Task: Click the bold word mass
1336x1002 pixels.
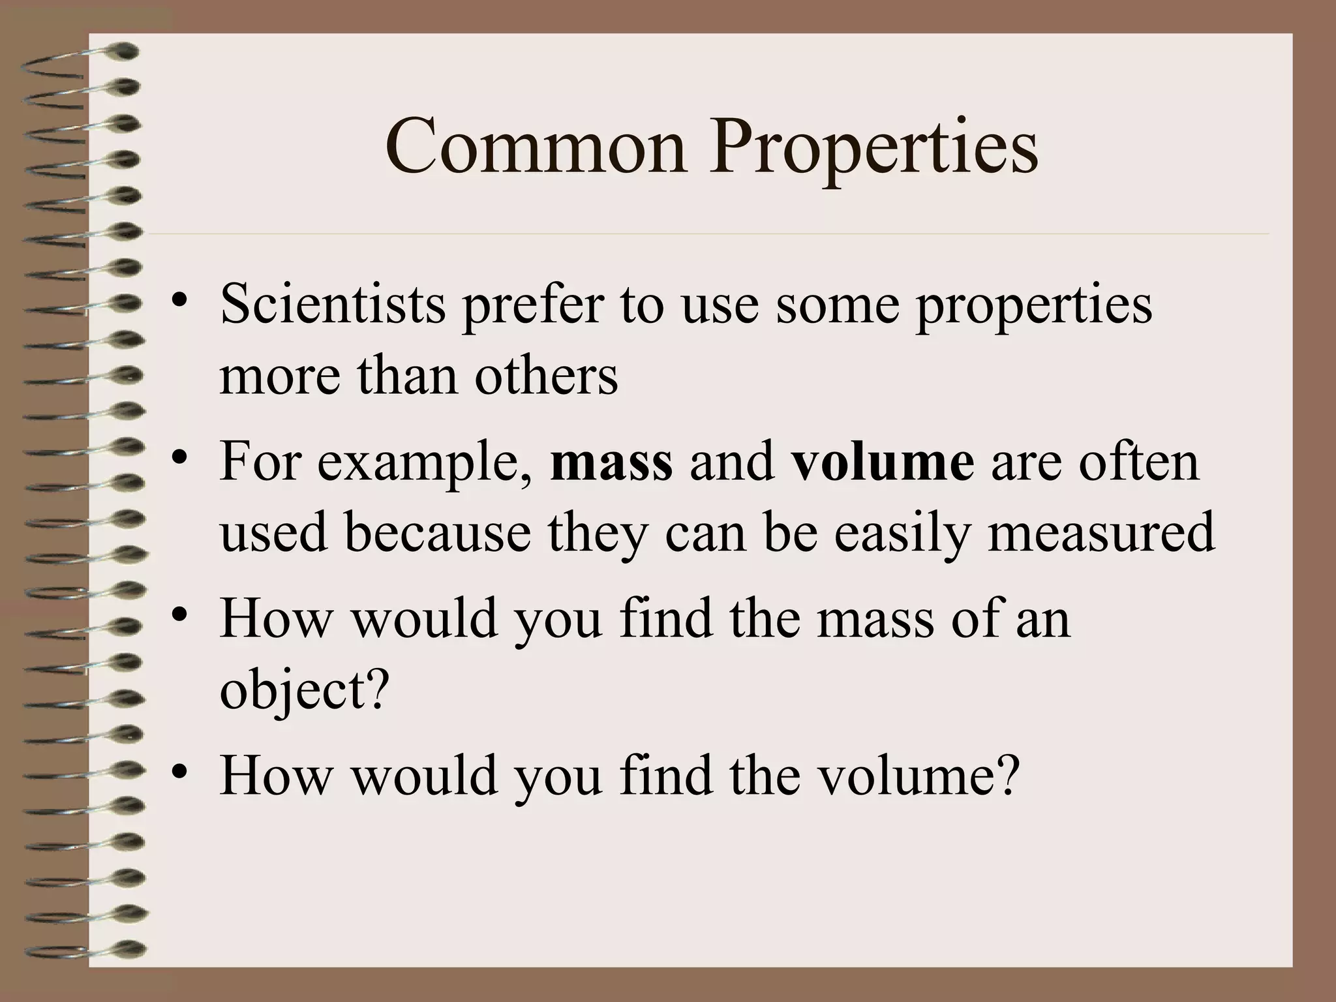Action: (611, 462)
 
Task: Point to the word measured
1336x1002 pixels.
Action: (1101, 532)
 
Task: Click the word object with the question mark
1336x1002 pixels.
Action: (304, 691)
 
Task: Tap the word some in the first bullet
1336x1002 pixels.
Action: (837, 305)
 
